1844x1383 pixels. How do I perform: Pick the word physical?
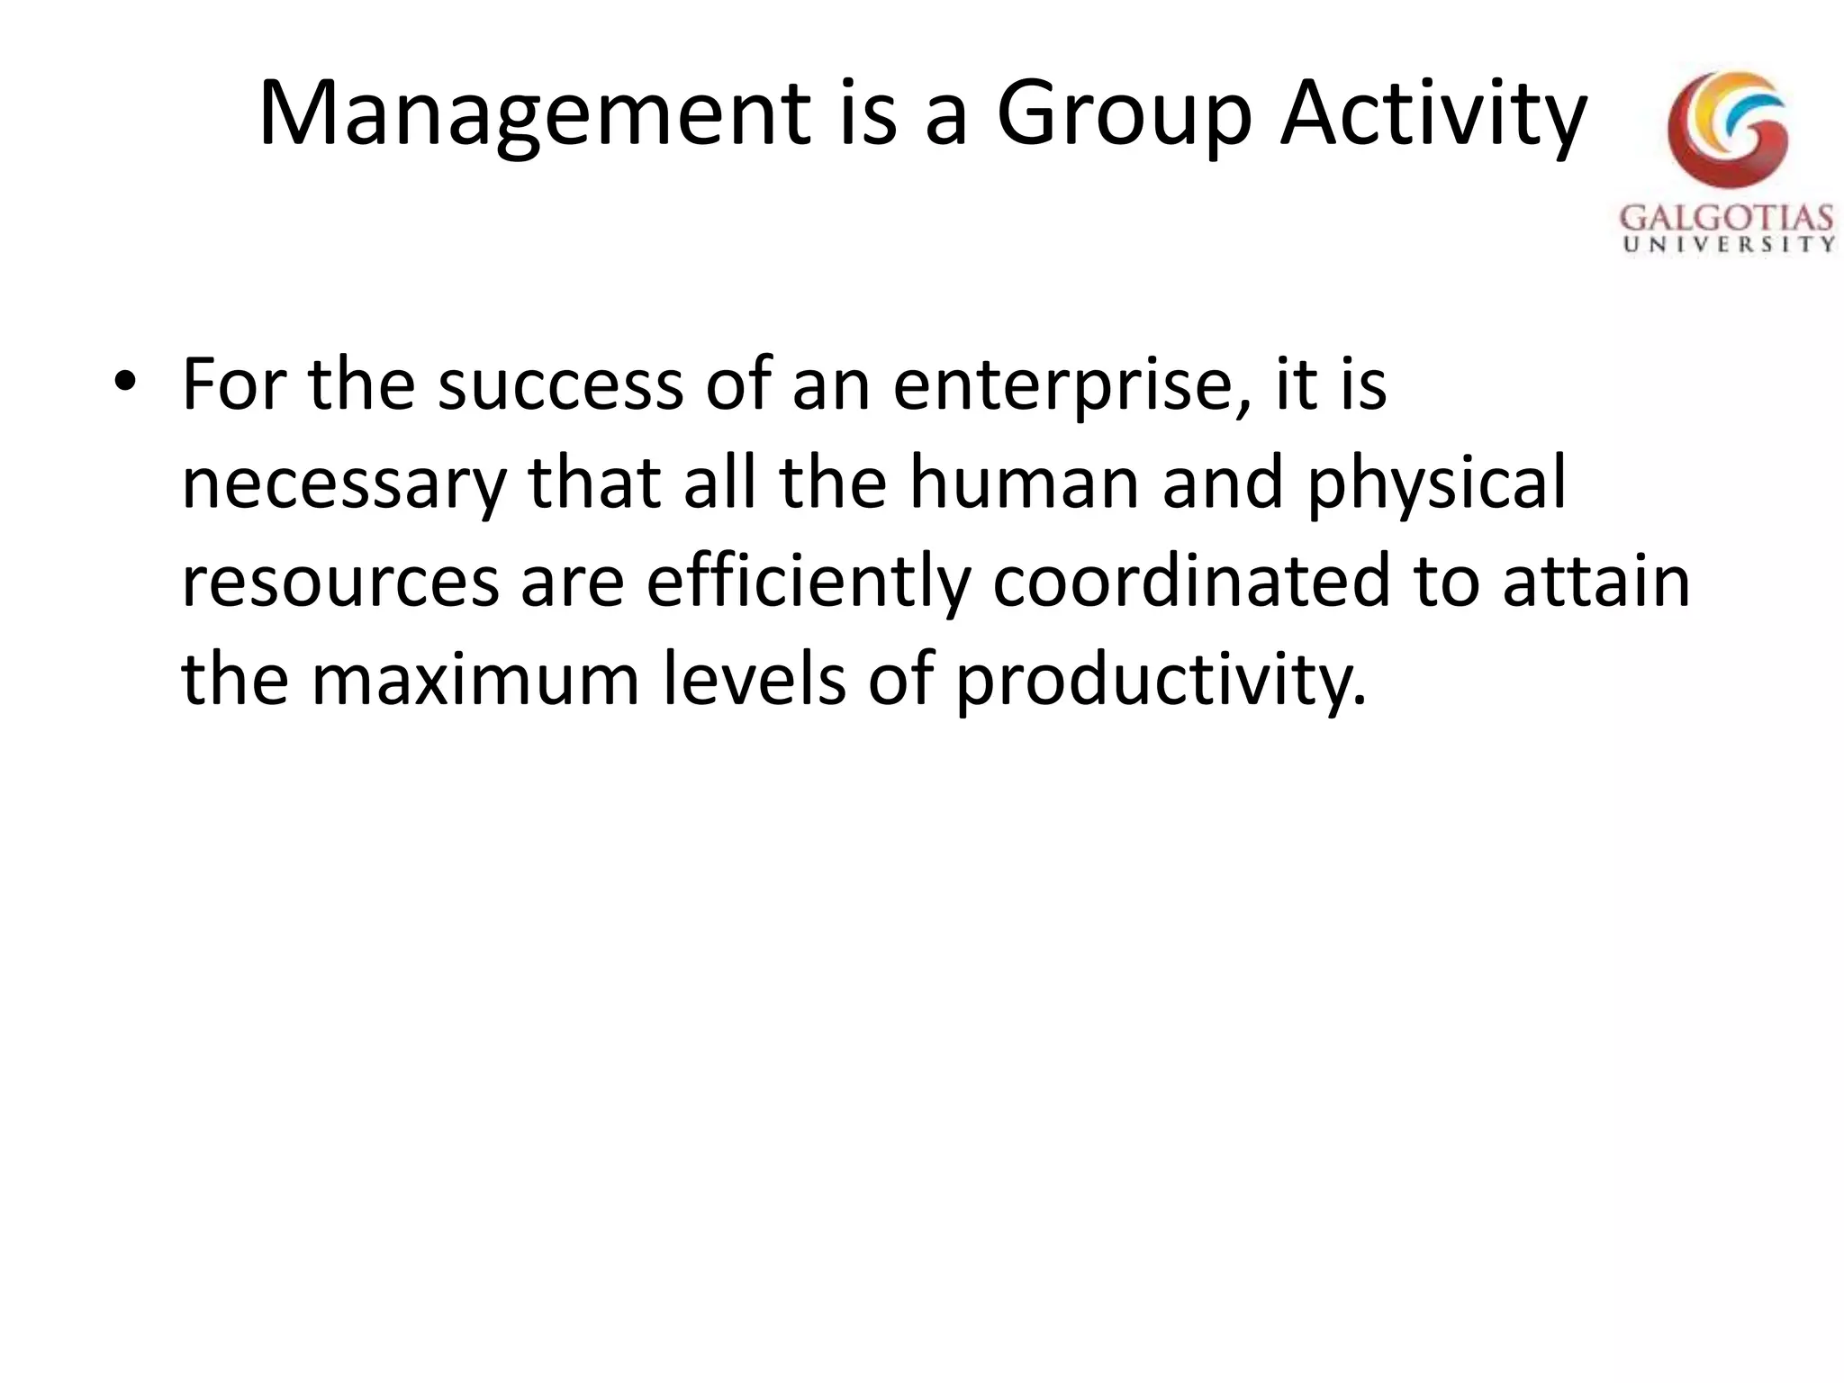pyautogui.click(x=1437, y=484)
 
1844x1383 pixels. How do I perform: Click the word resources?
pyautogui.click(x=340, y=582)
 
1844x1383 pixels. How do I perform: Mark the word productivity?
pyautogui.click(x=1160, y=681)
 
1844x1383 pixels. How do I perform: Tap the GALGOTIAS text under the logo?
pyautogui.click(x=1727, y=220)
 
